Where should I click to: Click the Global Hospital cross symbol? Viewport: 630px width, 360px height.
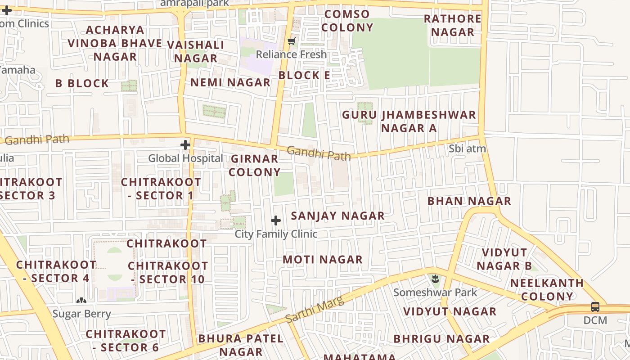pyautogui.click(x=185, y=145)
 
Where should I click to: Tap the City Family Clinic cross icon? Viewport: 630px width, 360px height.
pyautogui.click(x=276, y=220)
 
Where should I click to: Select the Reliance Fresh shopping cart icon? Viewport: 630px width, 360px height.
pyautogui.click(x=292, y=41)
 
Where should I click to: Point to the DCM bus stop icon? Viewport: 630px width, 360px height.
pyautogui.click(x=595, y=307)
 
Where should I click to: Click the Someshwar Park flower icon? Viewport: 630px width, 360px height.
pyautogui.click(x=435, y=279)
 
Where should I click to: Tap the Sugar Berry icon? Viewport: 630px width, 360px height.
pyautogui.click(x=81, y=301)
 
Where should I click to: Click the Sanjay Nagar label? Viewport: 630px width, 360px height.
pyautogui.click(x=337, y=216)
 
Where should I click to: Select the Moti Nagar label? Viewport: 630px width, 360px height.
pyautogui.click(x=323, y=260)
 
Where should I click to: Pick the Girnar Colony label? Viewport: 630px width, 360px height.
pyautogui.click(x=255, y=166)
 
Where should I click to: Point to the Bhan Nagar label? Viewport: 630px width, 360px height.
pyautogui.click(x=469, y=201)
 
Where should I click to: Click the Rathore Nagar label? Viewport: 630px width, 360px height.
pyautogui.click(x=453, y=26)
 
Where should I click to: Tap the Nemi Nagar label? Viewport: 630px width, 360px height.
pyautogui.click(x=230, y=83)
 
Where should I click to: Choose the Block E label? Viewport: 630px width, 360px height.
pyautogui.click(x=304, y=76)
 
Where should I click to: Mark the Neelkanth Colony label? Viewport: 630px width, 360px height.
pyautogui.click(x=547, y=290)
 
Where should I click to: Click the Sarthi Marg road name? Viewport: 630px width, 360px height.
pyautogui.click(x=315, y=310)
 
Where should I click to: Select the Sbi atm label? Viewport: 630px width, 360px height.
pyautogui.click(x=467, y=148)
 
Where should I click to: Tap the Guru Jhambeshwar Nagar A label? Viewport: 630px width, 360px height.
pyautogui.click(x=409, y=121)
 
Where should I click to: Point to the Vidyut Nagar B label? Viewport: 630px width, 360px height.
pyautogui.click(x=504, y=259)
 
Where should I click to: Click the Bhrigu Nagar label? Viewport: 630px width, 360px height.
pyautogui.click(x=441, y=339)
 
